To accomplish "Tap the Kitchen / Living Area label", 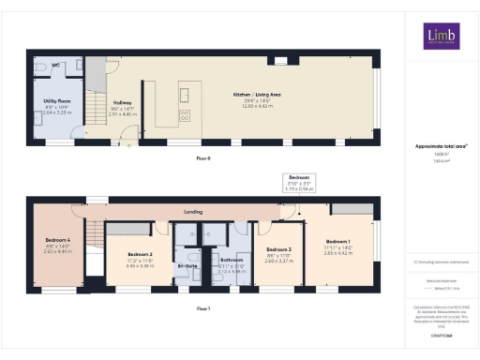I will tap(259, 94).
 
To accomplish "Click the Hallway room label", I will tap(122, 102).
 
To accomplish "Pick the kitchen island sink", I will tap(184, 95).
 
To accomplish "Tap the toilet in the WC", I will tap(38, 67).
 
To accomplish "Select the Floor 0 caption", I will tap(202, 158).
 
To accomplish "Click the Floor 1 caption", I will tap(202, 307).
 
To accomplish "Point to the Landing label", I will tap(194, 212).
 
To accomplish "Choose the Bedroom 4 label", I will tap(57, 240).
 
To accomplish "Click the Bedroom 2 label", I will tap(139, 254).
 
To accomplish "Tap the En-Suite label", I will tap(187, 265).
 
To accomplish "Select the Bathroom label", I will tap(231, 260).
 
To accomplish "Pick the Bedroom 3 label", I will tap(278, 249).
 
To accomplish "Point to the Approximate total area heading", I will tap(441, 145).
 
